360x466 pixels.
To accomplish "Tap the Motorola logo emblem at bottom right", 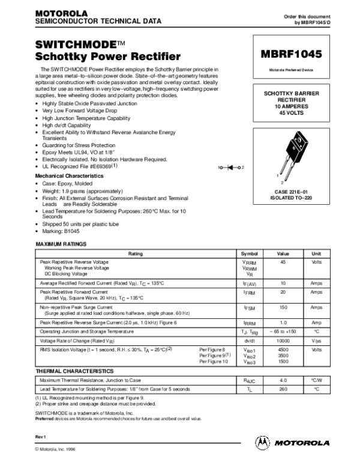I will (262, 442).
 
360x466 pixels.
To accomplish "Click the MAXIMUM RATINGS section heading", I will (62, 244).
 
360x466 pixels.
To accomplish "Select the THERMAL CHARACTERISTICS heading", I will (74, 371).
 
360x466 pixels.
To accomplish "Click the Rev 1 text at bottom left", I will (41, 435).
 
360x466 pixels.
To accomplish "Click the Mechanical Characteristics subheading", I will (70, 176).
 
